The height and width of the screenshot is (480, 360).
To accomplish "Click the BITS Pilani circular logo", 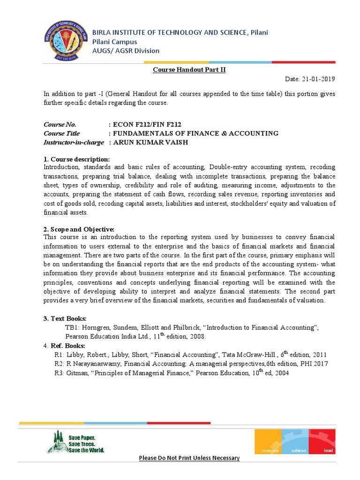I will point(65,41).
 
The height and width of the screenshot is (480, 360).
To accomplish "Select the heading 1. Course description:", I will point(76,159).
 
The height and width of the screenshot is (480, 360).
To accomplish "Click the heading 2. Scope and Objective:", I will point(79,229).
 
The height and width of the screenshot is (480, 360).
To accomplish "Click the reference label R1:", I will point(60,355).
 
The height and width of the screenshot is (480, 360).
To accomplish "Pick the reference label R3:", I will point(60,373).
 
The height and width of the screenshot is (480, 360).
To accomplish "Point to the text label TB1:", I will point(73,328).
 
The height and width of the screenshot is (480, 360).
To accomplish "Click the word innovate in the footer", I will point(267,450).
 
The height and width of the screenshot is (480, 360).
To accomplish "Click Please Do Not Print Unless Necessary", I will point(189,458).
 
